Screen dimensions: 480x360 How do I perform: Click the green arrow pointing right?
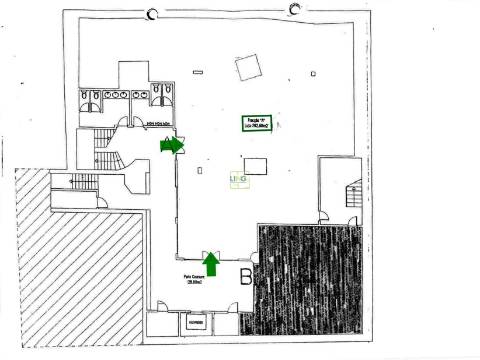(x=172, y=146)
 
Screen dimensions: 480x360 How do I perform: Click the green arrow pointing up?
(x=211, y=263)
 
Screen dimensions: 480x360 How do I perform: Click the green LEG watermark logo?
(x=238, y=179)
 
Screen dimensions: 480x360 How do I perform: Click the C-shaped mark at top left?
(x=151, y=12)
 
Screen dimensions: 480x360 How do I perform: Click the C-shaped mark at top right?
(x=294, y=10)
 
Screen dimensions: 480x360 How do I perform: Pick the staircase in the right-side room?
(x=351, y=195)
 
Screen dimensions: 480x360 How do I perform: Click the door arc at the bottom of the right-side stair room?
(x=324, y=212)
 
